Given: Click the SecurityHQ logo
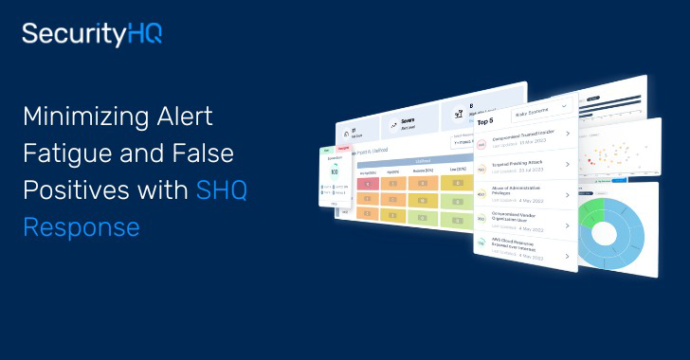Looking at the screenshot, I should point(92,35).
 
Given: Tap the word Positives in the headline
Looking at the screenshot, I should point(67,190).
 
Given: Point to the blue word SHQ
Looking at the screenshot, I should point(220,190).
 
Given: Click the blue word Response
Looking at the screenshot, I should point(82,227).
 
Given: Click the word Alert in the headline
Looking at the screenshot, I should point(181,117).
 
